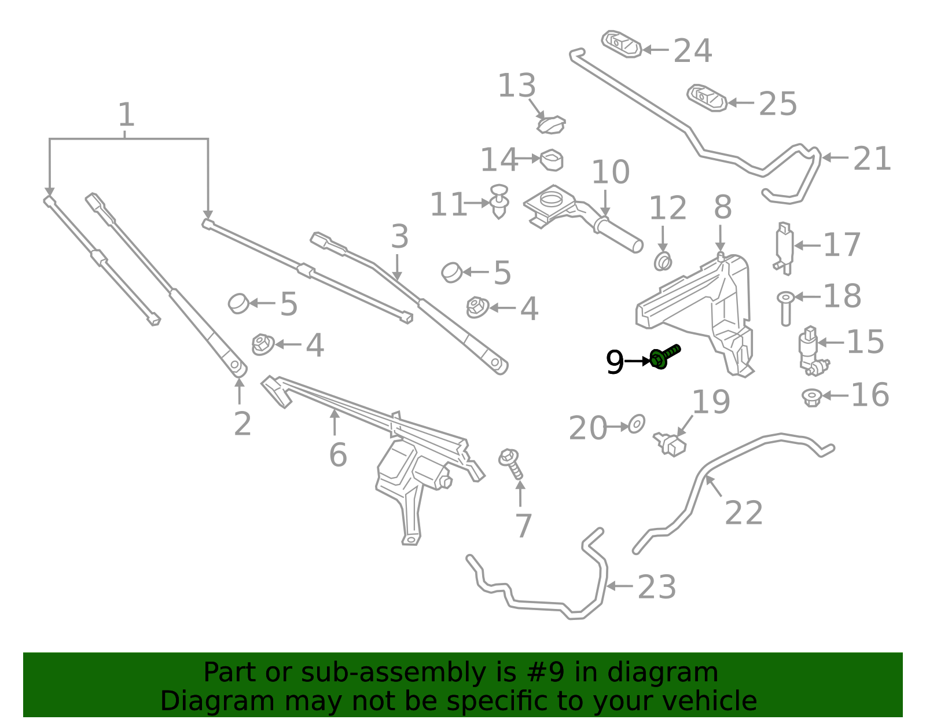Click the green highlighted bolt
point(664,357)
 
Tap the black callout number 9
point(615,362)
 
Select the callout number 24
point(693,51)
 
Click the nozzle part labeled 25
point(706,98)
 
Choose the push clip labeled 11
point(499,201)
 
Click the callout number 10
point(610,172)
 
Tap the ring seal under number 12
point(663,261)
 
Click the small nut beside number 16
point(811,398)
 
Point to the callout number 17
point(842,244)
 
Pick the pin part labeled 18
point(786,309)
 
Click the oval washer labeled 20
point(637,424)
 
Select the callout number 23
point(657,586)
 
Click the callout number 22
point(744,513)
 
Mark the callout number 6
point(338,455)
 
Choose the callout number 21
point(872,159)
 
